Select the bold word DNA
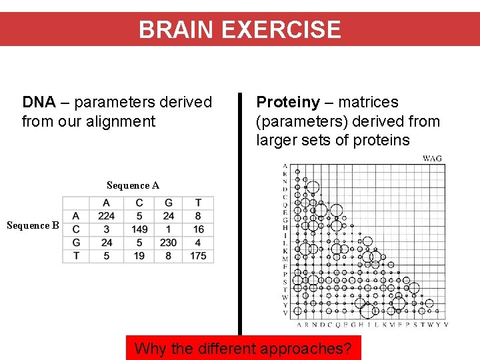click(39, 103)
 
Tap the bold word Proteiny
click(288, 103)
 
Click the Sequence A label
click(133, 185)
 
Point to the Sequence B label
click(33, 225)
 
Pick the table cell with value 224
click(106, 216)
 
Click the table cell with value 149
click(139, 229)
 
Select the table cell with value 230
click(169, 243)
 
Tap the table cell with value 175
click(198, 256)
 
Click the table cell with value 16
click(198, 229)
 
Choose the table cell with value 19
click(139, 256)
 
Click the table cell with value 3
click(106, 229)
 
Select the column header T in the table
click(198, 203)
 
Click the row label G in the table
click(76, 243)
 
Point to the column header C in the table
click(139, 203)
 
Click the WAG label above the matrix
click(432, 159)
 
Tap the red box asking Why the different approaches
click(243, 347)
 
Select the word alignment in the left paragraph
click(123, 121)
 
